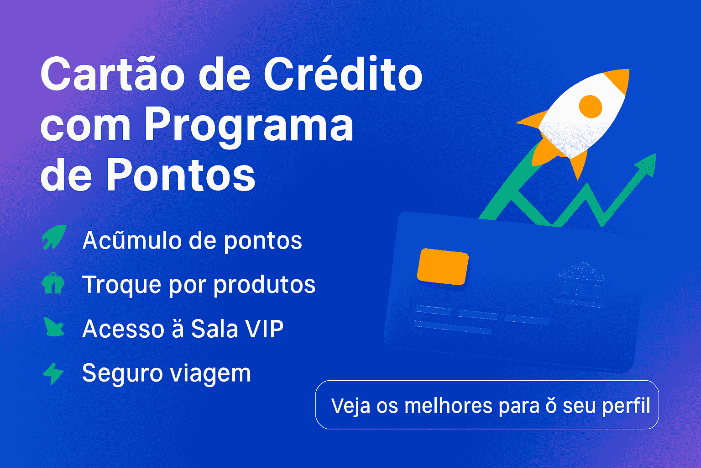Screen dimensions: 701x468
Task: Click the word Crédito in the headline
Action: point(343,74)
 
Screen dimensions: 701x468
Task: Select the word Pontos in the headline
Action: point(181,173)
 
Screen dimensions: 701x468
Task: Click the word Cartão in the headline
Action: point(113,74)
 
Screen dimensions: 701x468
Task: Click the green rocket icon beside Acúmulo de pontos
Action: point(54,237)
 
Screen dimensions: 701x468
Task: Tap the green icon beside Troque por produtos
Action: point(53,283)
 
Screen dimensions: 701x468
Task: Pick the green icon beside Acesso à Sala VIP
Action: point(54,327)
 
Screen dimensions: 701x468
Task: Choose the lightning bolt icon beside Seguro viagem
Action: point(53,373)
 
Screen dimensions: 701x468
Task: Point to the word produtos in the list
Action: point(264,285)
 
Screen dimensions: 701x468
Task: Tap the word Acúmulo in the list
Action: point(132,240)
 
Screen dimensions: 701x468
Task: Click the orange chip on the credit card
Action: point(443,266)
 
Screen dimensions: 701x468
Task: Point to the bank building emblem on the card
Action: point(581,284)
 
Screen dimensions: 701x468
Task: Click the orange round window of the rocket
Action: point(591,106)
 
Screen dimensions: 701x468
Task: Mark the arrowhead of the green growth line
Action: point(647,165)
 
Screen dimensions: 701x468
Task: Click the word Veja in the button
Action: point(350,407)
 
